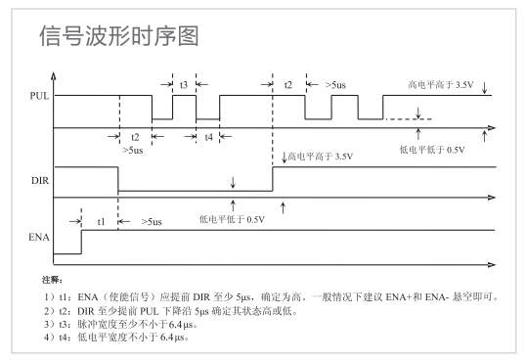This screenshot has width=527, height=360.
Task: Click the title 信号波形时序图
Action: click(x=118, y=37)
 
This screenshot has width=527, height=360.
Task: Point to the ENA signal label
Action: click(x=40, y=237)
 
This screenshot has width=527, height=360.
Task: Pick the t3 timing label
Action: click(x=184, y=85)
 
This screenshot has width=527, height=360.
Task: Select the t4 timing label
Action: click(x=207, y=138)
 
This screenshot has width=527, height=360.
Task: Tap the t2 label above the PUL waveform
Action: click(x=288, y=85)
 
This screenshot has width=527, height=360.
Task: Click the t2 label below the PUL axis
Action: click(x=134, y=138)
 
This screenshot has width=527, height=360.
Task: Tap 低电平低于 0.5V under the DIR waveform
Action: click(x=232, y=217)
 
